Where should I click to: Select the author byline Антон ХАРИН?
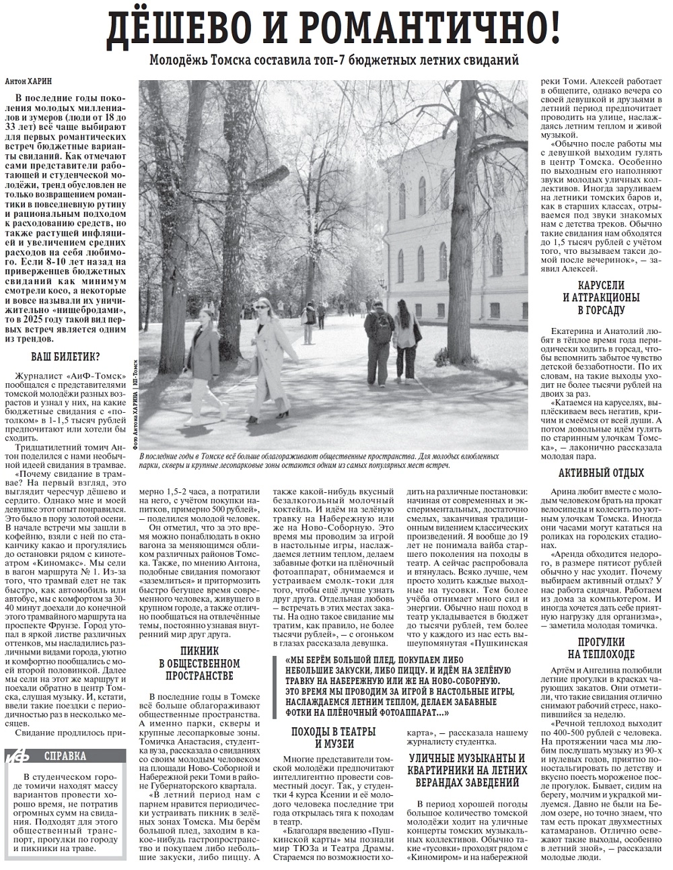point(30,81)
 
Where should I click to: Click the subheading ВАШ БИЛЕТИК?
point(66,357)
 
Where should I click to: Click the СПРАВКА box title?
point(65,756)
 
